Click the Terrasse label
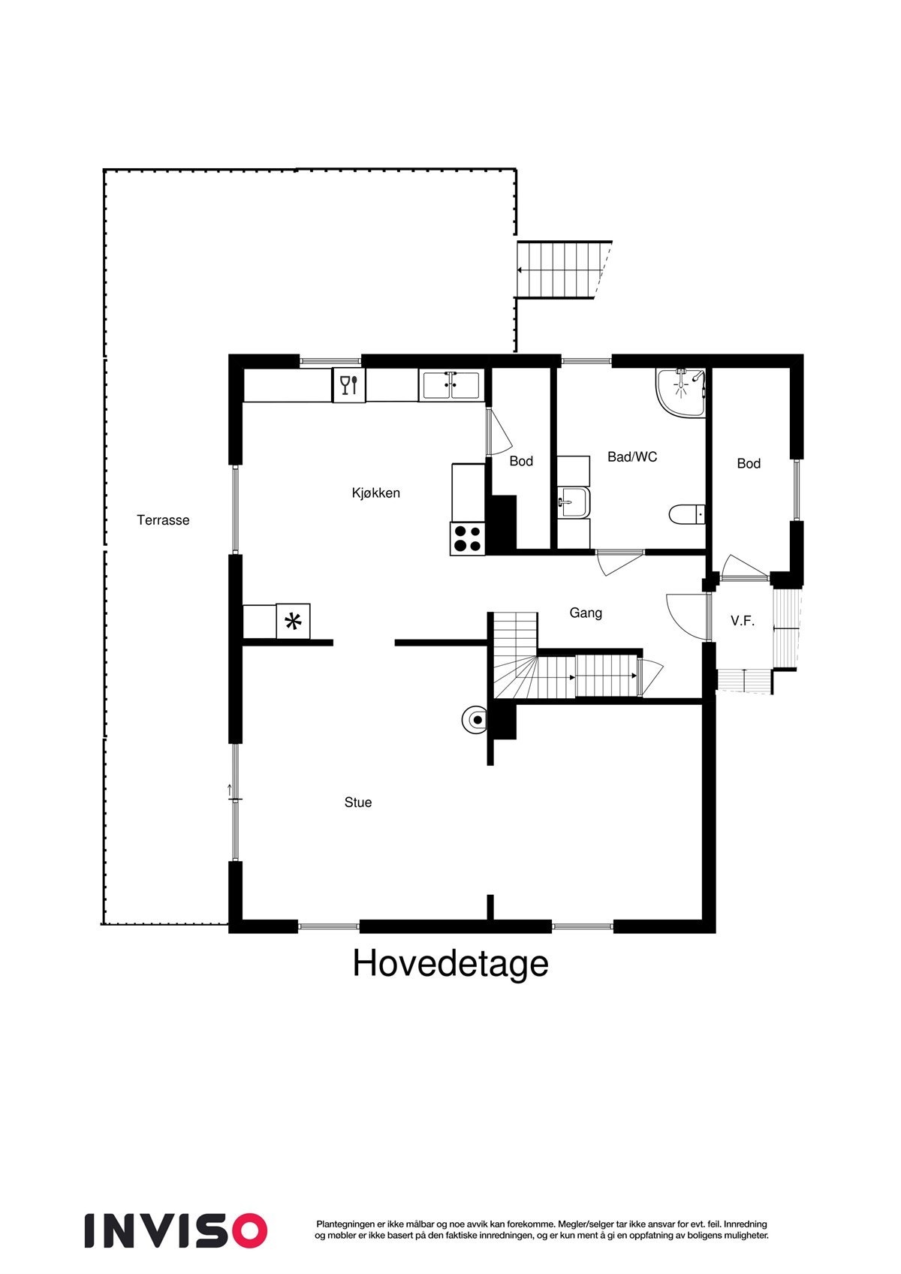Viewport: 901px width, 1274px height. pyautogui.click(x=163, y=520)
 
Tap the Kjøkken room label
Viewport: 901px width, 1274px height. pyautogui.click(x=375, y=493)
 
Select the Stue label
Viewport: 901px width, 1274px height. pyautogui.click(x=358, y=802)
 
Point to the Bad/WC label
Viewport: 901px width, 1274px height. pyautogui.click(x=632, y=456)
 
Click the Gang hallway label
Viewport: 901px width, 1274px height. pyautogui.click(x=586, y=613)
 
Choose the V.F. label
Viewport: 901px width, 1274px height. pyautogui.click(x=742, y=621)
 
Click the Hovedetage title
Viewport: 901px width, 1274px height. pyautogui.click(x=450, y=963)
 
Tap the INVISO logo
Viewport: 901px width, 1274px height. pyautogui.click(x=176, y=1230)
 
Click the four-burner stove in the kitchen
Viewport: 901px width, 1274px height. pyautogui.click(x=468, y=538)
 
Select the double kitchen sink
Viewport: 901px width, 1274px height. pyautogui.click(x=450, y=386)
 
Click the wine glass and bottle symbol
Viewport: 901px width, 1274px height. pyautogui.click(x=349, y=385)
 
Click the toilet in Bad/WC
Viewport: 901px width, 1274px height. pyautogui.click(x=686, y=515)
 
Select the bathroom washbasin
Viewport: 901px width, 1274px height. pyautogui.click(x=574, y=501)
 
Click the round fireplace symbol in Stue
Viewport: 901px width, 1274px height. pyautogui.click(x=475, y=720)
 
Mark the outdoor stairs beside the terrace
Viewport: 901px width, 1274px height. pyautogui.click(x=563, y=270)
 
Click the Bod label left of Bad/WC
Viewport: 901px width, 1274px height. pyautogui.click(x=521, y=461)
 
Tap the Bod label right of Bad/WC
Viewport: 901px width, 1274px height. pyautogui.click(x=749, y=463)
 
